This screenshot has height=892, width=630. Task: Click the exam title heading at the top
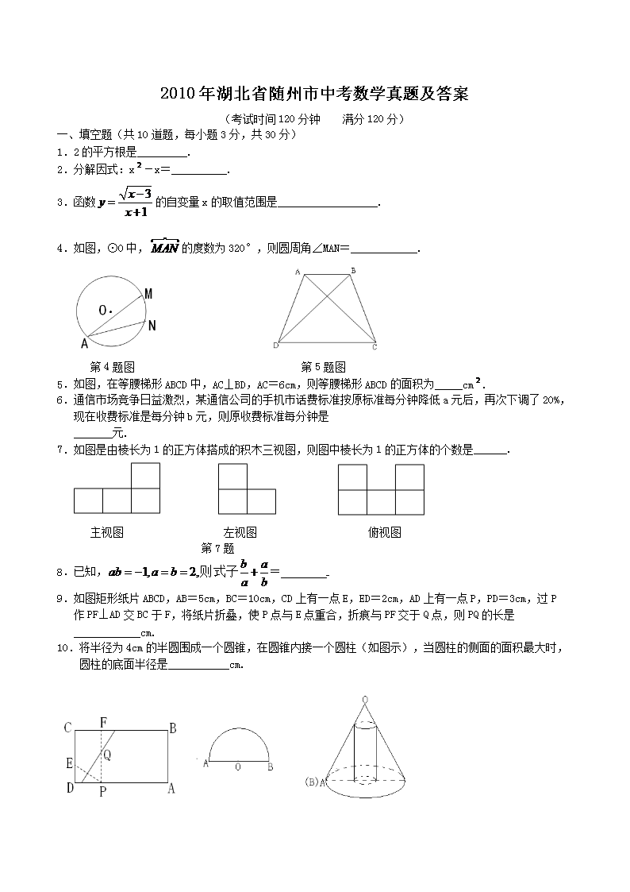click(x=314, y=94)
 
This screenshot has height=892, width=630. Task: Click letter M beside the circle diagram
click(x=148, y=294)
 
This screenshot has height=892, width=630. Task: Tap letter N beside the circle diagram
click(x=152, y=324)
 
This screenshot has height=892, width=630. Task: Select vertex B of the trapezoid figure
click(x=353, y=271)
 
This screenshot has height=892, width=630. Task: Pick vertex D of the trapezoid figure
click(x=275, y=346)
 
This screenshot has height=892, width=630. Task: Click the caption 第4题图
click(x=113, y=366)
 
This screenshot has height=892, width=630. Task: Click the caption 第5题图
click(x=323, y=366)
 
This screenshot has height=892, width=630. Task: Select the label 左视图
click(x=240, y=532)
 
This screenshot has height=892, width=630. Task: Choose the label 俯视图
click(x=384, y=532)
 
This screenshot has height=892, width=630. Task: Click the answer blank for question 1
click(x=163, y=152)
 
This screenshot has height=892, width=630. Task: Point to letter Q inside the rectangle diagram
click(x=106, y=755)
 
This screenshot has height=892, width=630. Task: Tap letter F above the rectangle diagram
click(x=103, y=722)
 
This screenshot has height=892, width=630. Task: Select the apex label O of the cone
click(x=364, y=699)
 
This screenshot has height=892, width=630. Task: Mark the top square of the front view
click(x=145, y=476)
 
